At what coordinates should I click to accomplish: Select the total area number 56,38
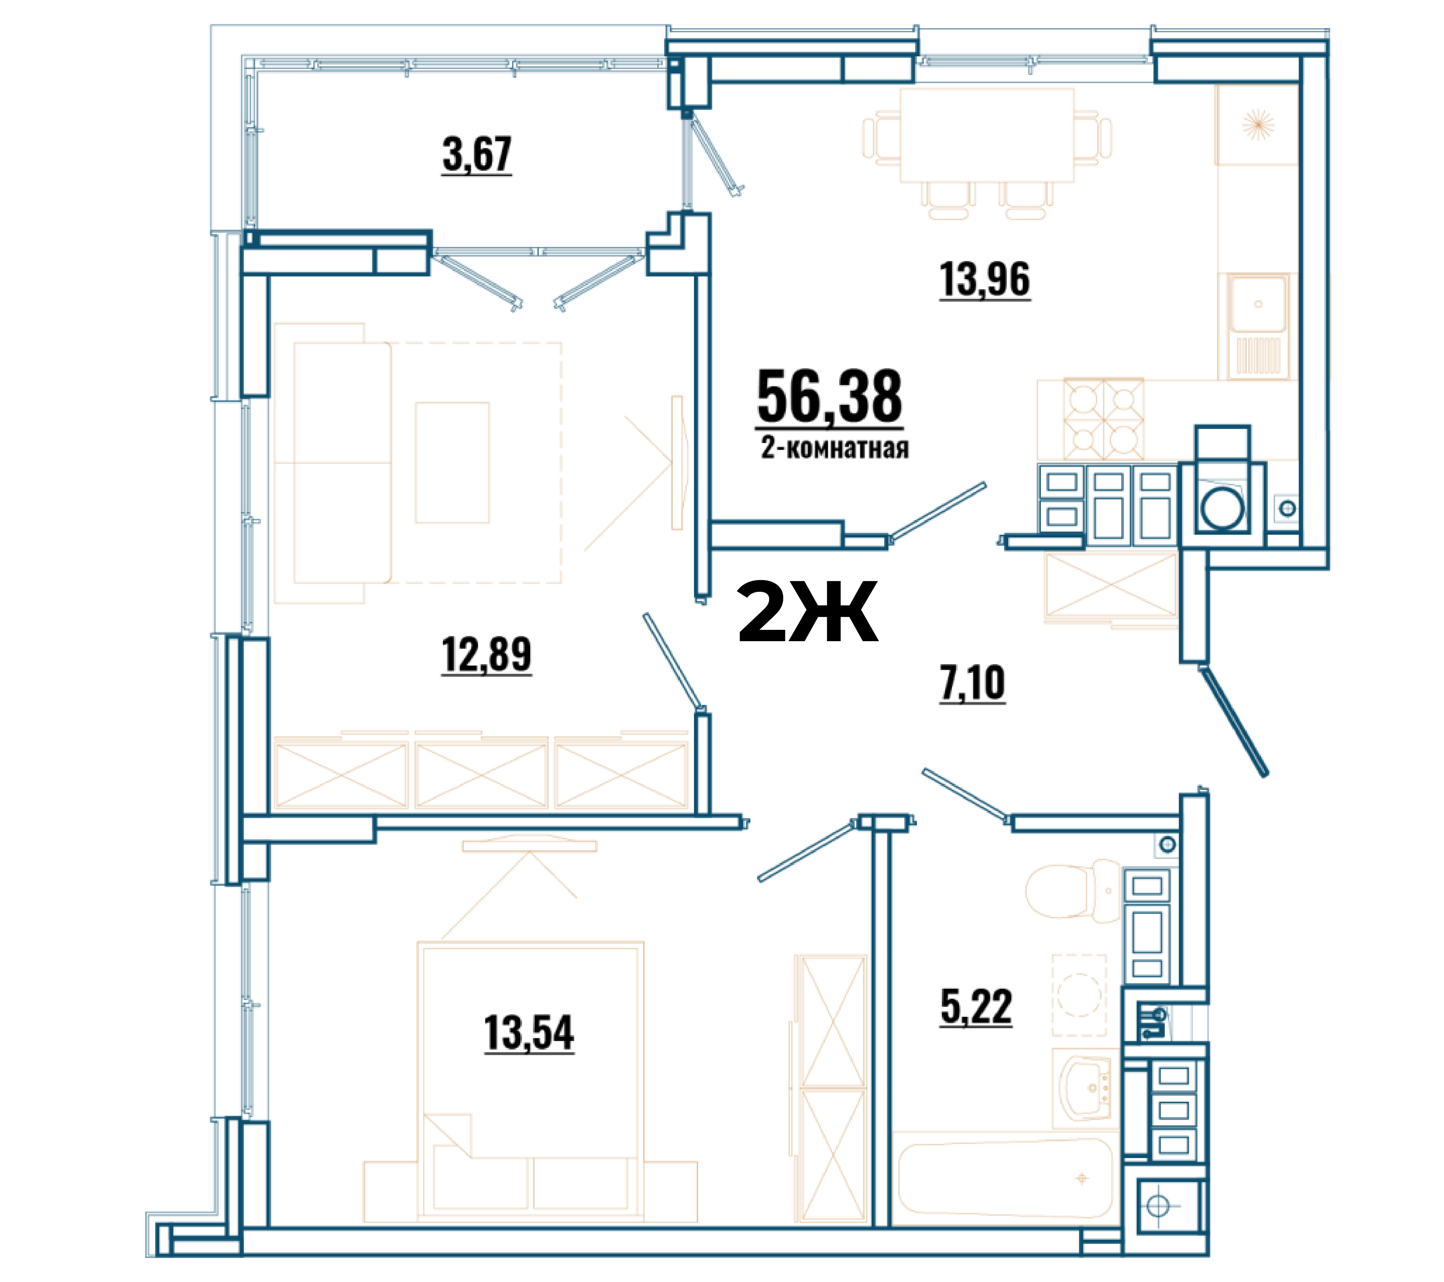(829, 397)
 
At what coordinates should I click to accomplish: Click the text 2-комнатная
(834, 448)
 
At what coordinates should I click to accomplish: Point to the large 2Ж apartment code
(807, 611)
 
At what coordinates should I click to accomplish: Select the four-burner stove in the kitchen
(1103, 420)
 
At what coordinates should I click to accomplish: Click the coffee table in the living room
(452, 463)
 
